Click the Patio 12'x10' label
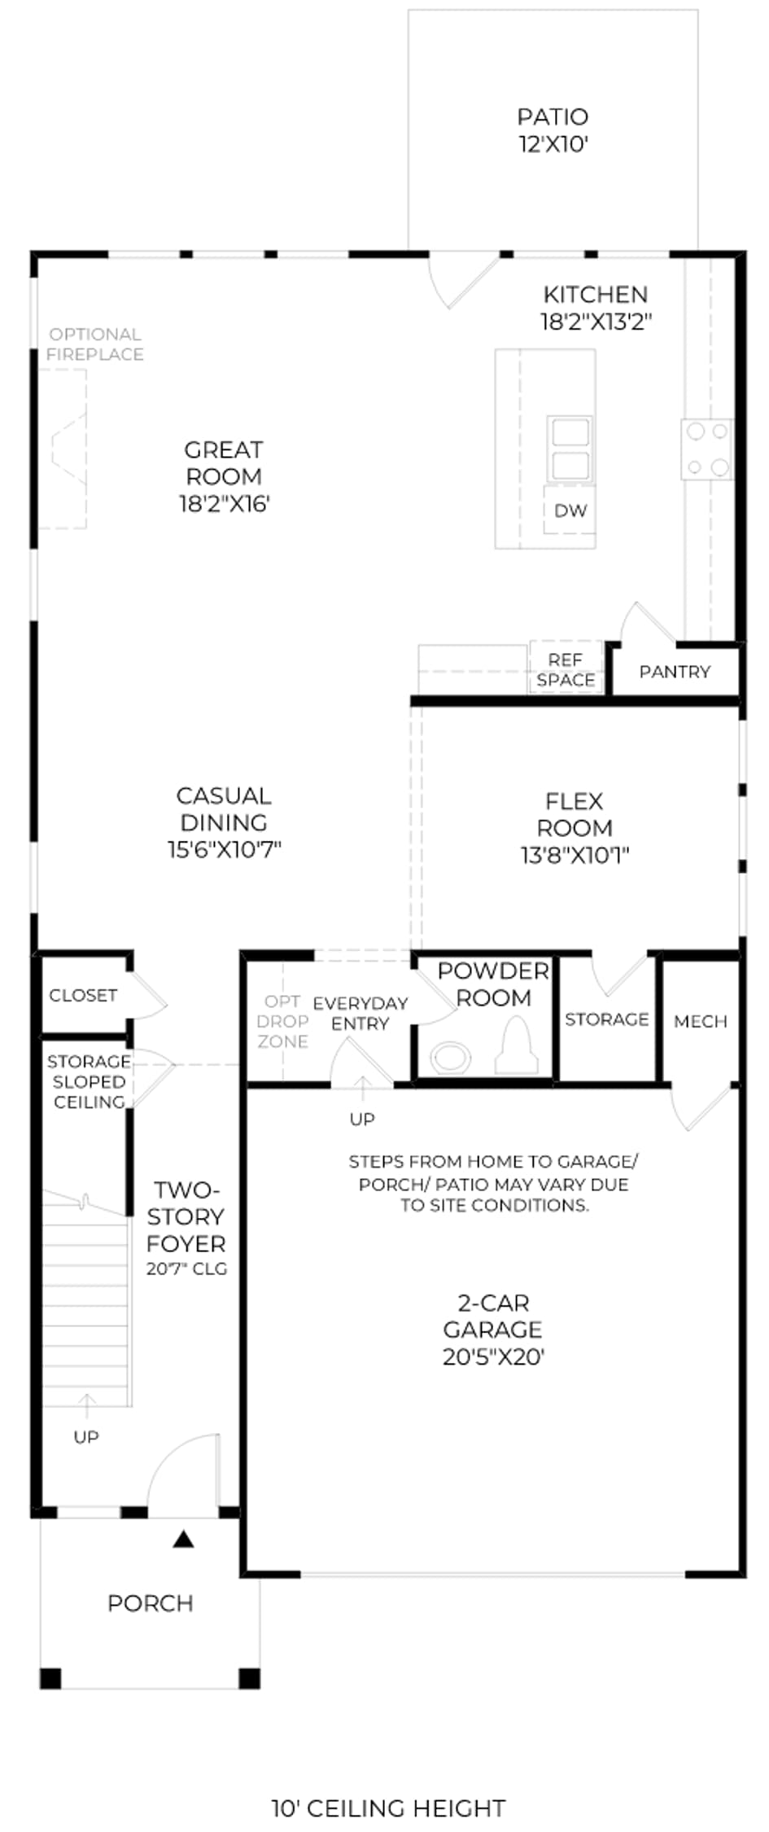[553, 130]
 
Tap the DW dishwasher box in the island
[570, 511]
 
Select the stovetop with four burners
[707, 449]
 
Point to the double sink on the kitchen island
[570, 449]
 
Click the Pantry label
[675, 672]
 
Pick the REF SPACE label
[566, 670]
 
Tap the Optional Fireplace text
[95, 344]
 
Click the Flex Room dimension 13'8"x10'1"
[575, 855]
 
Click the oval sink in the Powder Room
[451, 1058]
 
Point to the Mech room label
[700, 1021]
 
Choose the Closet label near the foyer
[83, 995]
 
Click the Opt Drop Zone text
[283, 1021]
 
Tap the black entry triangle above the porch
[184, 1540]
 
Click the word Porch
[151, 1604]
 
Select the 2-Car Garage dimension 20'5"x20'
[493, 1356]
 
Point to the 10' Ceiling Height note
[388, 1808]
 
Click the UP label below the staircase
[86, 1437]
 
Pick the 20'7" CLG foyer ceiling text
[186, 1269]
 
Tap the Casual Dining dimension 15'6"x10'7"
[224, 849]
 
